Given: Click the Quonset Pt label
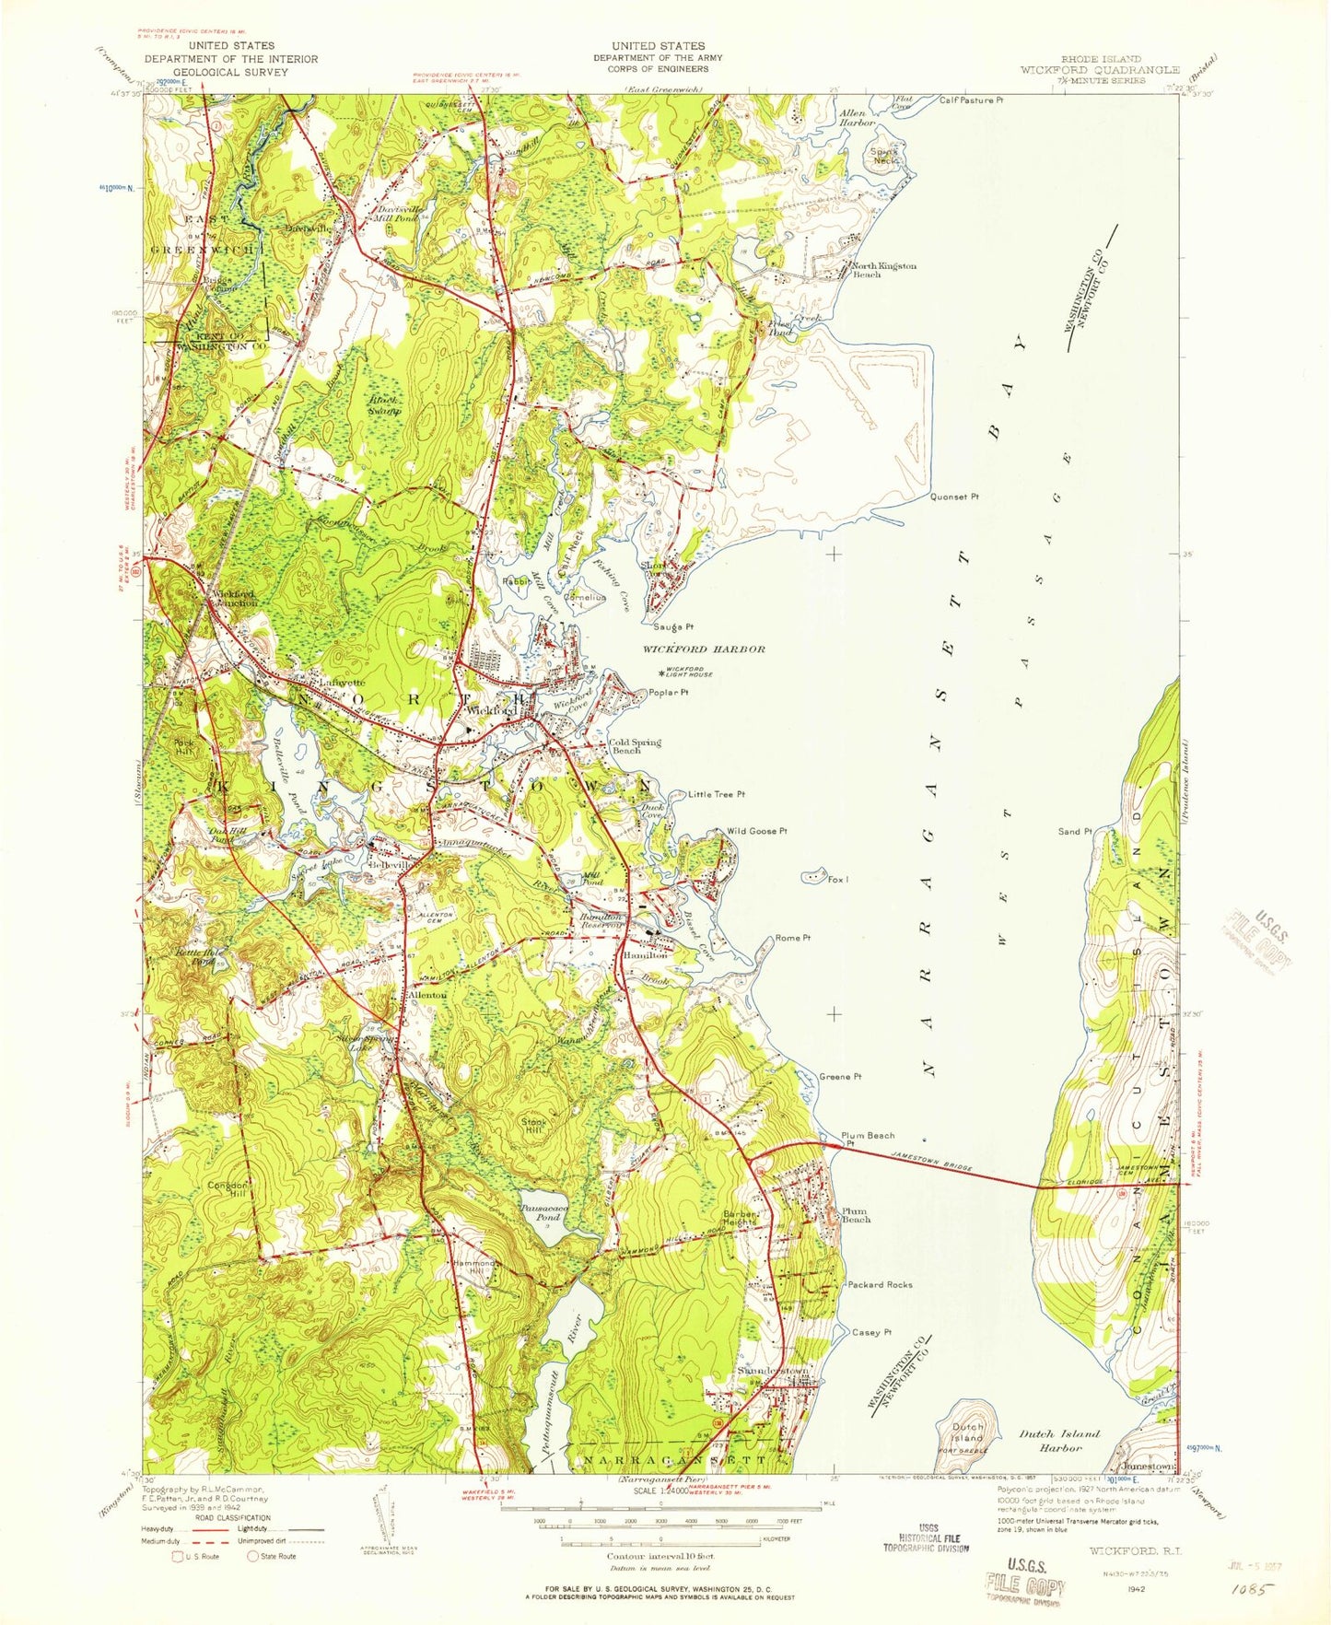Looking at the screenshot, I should click(953, 497).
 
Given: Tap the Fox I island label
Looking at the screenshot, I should click(837, 880).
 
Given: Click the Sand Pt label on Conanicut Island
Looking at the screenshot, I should click(1074, 831).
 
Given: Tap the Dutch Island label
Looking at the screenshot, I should click(967, 1432).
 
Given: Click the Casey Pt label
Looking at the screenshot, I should click(871, 1332).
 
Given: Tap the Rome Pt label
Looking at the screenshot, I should click(792, 938).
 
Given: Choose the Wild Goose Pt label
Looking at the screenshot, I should click(757, 831).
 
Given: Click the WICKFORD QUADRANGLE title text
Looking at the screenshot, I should click(1100, 70).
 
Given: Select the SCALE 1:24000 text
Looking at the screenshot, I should click(649, 1515).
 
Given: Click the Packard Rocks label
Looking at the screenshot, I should click(880, 1284).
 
